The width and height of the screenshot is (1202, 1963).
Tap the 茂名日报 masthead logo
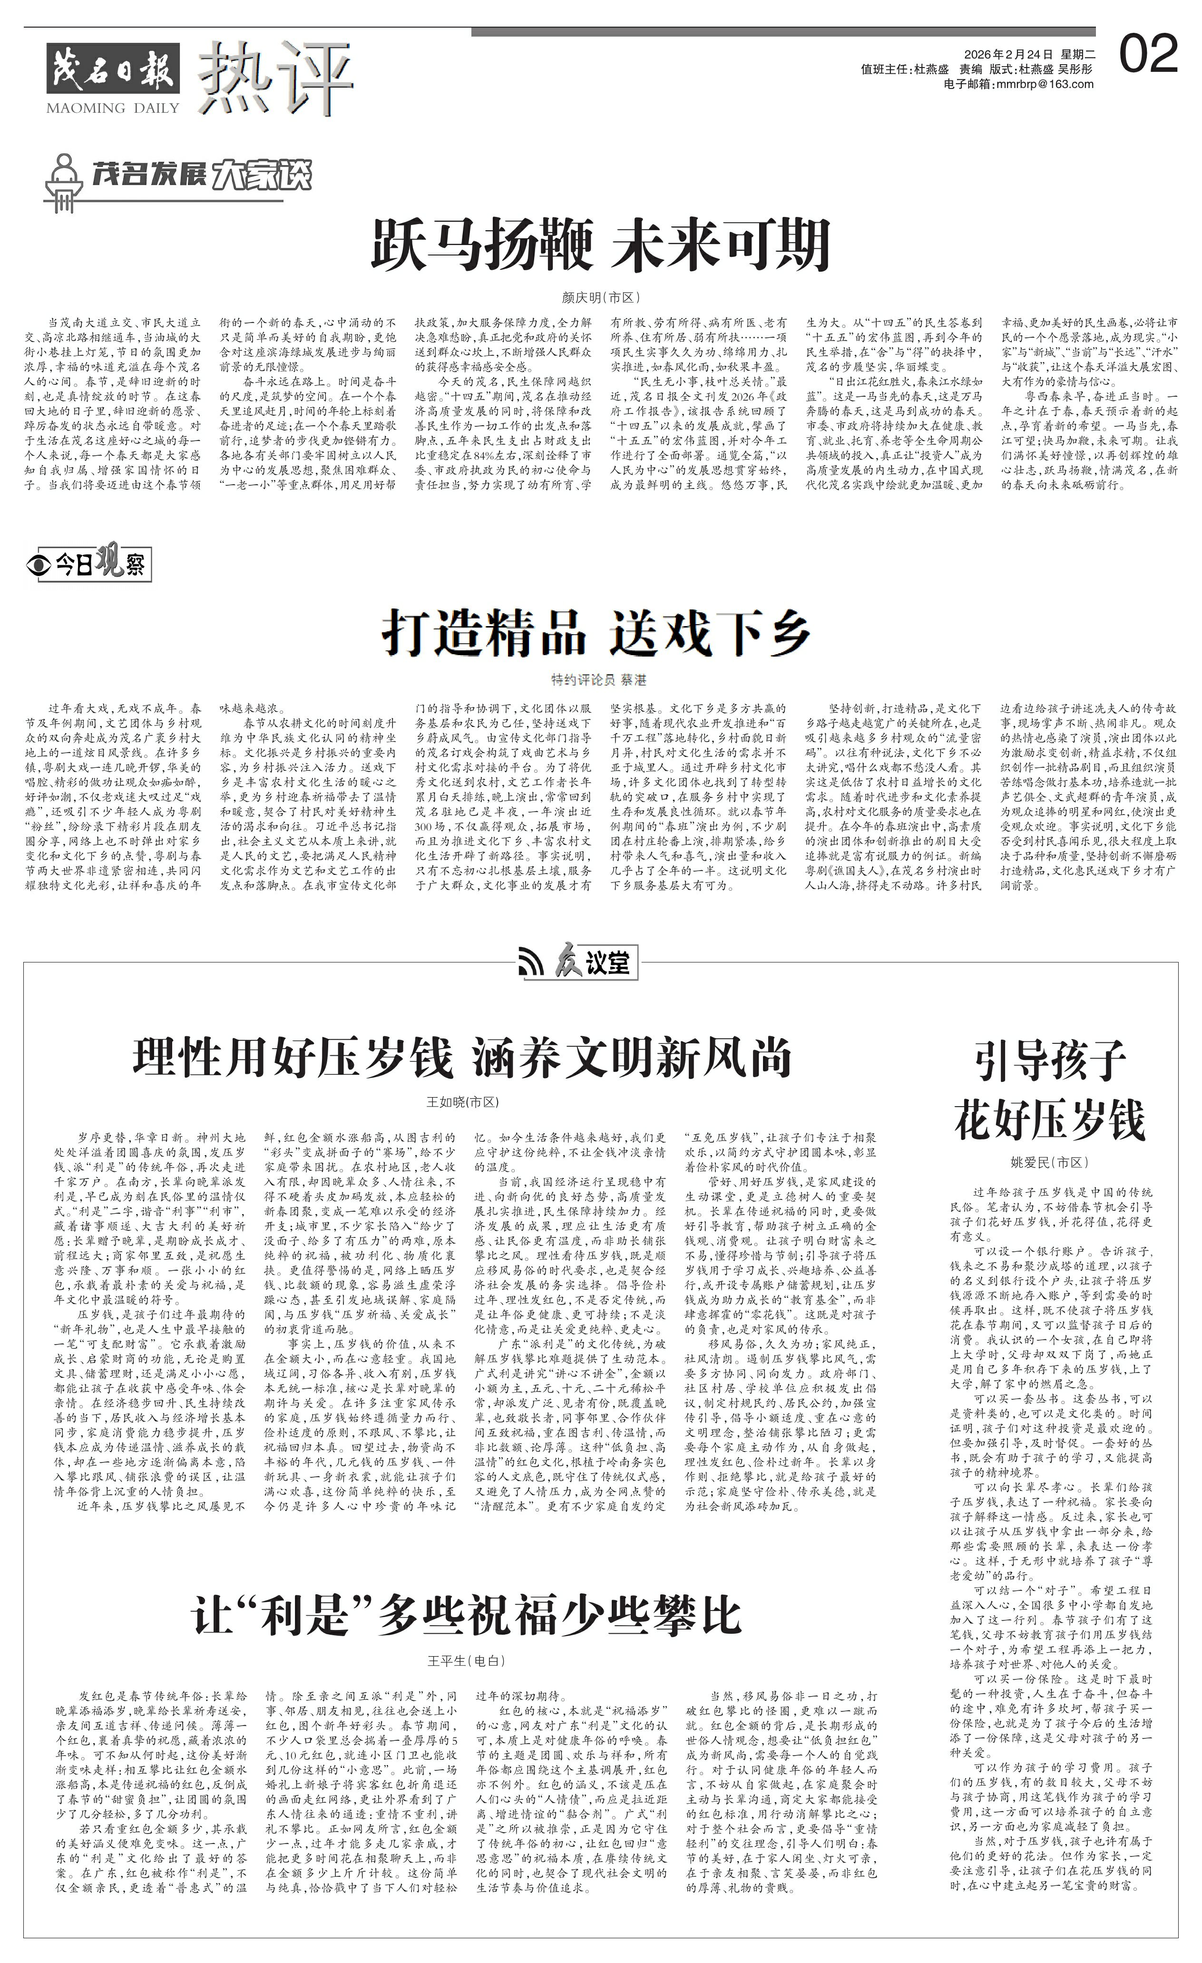[x=113, y=69]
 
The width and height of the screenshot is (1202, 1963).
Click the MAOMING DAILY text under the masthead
[x=113, y=108]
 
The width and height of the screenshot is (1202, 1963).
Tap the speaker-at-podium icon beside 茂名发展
[x=63, y=182]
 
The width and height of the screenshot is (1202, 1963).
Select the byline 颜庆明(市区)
[x=601, y=297]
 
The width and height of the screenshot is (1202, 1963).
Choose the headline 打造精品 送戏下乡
[x=597, y=633]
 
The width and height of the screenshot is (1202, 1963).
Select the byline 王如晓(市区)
[x=463, y=1102]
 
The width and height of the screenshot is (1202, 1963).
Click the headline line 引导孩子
[x=1050, y=1060]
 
